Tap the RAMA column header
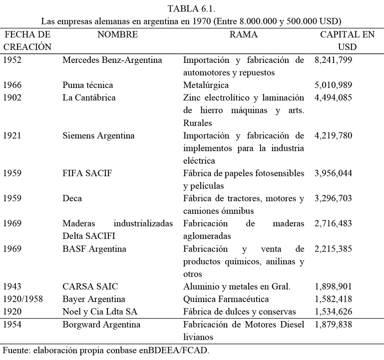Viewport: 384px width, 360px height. [x=244, y=35]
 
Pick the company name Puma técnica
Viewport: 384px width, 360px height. [x=88, y=85]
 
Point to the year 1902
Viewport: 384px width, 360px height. [x=12, y=98]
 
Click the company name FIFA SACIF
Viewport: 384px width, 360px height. [x=88, y=173]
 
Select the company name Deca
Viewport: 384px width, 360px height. [x=72, y=198]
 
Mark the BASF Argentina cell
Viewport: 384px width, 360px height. [x=94, y=248]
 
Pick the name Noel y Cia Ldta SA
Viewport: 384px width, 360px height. [x=99, y=312]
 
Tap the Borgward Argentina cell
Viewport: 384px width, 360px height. [x=101, y=325]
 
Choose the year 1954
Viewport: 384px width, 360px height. [x=12, y=325]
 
